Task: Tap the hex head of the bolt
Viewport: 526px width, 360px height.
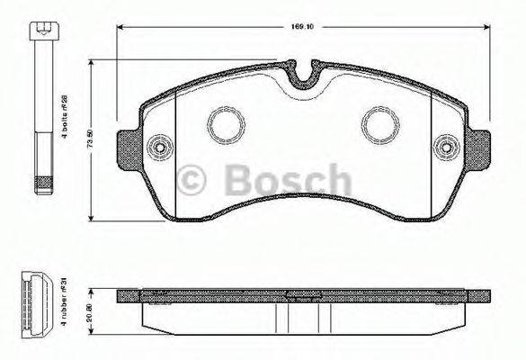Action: [x=41, y=31]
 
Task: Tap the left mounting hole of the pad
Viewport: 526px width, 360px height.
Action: [x=161, y=147]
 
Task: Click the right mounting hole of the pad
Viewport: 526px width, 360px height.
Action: [x=443, y=147]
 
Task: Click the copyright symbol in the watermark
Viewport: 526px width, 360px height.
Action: [x=194, y=179]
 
